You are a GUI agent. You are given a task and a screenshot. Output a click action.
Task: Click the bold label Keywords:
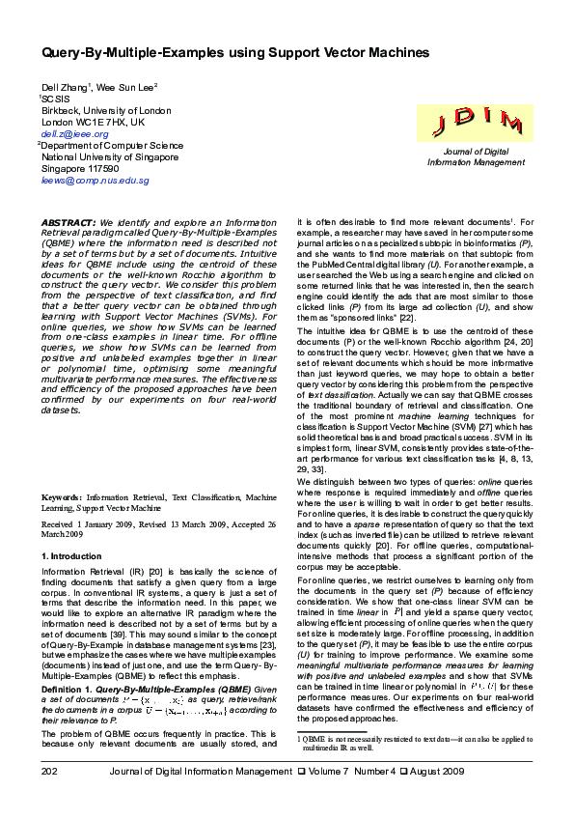pyautogui.click(x=61, y=497)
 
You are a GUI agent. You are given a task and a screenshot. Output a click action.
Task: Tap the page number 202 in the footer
pyautogui.click(x=50, y=799)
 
